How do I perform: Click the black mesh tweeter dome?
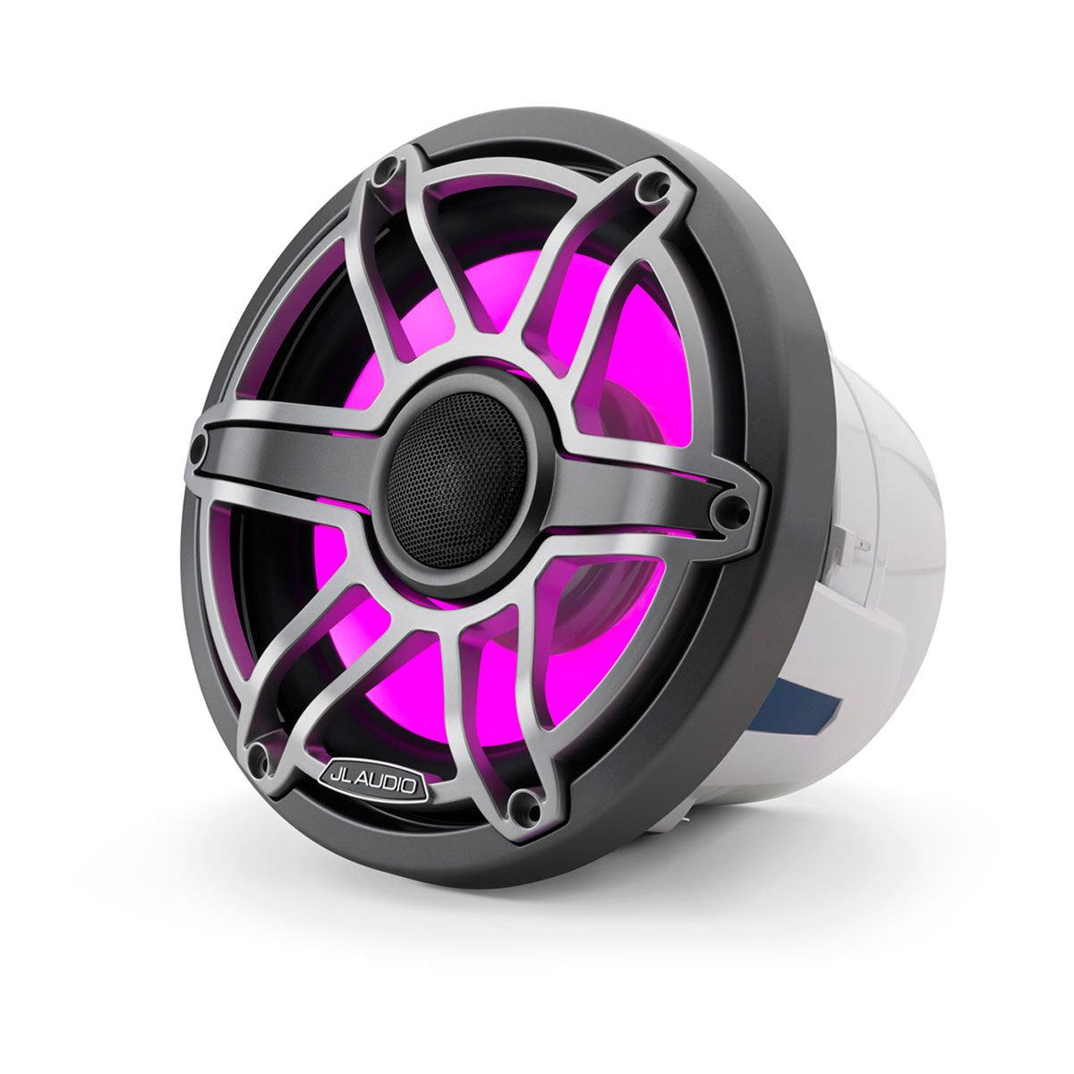(456, 480)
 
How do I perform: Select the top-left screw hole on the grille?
(387, 167)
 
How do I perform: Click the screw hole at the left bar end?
(199, 445)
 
